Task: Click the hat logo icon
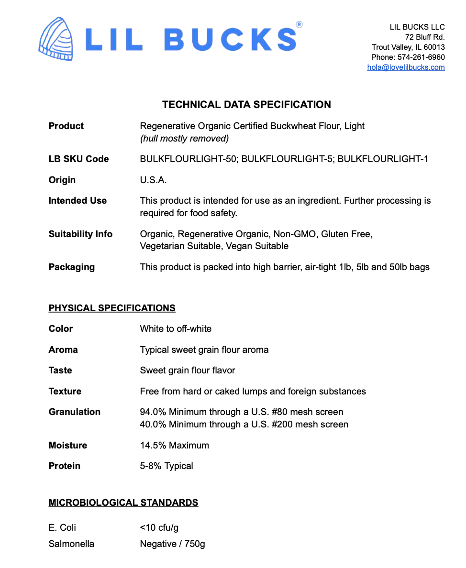[x=56, y=39]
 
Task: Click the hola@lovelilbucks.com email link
[x=406, y=67]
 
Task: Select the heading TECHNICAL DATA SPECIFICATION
[x=246, y=105]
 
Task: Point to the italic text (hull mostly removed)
[x=184, y=139]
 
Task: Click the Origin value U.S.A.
[x=153, y=180]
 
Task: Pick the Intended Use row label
[x=78, y=201]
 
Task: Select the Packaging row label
[x=71, y=267]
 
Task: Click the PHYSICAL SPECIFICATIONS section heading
[x=112, y=308]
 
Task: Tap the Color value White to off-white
[x=176, y=329]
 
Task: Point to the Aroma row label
[x=63, y=350]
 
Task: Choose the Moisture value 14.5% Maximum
[x=174, y=446]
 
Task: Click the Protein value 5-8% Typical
[x=166, y=466]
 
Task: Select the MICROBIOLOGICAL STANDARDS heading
[x=123, y=503]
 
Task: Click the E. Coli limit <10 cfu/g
[x=159, y=528]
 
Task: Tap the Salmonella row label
[x=71, y=544]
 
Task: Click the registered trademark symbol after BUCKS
[x=299, y=24]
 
